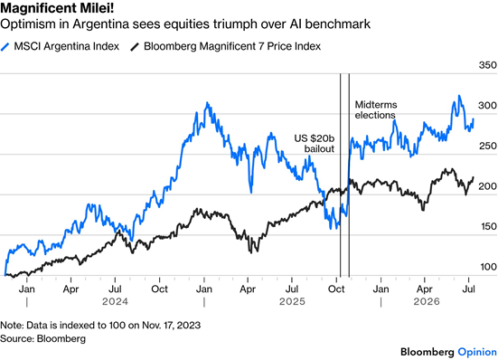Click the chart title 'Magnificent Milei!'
pyautogui.click(x=57, y=8)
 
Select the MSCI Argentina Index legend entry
pyautogui.click(x=60, y=46)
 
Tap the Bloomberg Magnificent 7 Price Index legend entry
pyautogui.click(x=225, y=46)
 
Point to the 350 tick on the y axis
pyautogui.click(x=487, y=65)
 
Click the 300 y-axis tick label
pyautogui.click(x=487, y=106)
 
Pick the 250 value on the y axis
pyautogui.click(x=487, y=146)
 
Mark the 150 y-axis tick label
pyautogui.click(x=487, y=226)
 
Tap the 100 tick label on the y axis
pyautogui.click(x=488, y=267)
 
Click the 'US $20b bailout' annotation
pyautogui.click(x=315, y=144)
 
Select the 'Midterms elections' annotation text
pyautogui.click(x=376, y=110)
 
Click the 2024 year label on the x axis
pyautogui.click(x=115, y=301)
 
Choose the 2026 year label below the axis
pyautogui.click(x=427, y=301)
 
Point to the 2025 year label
pyautogui.click(x=292, y=301)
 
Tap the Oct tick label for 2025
pyautogui.click(x=336, y=289)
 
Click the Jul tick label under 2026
pyautogui.click(x=468, y=289)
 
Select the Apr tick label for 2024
pyautogui.click(x=70, y=289)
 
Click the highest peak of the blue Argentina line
pyautogui.click(x=459, y=95)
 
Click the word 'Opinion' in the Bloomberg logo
pyautogui.click(x=477, y=352)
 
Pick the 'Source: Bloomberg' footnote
pyautogui.click(x=42, y=338)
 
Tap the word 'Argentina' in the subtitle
pyautogui.click(x=100, y=24)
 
